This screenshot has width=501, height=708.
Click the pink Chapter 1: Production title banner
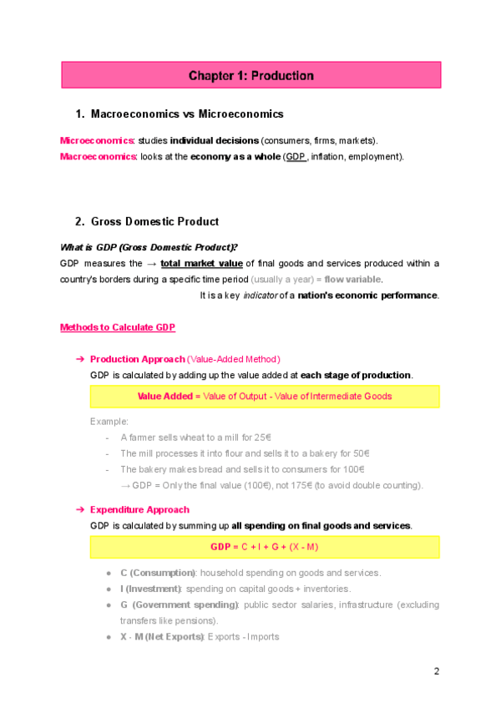250,76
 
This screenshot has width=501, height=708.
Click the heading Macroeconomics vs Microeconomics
186,114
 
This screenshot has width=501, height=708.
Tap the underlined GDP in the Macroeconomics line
295,156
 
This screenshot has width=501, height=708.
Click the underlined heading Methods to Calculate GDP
117,326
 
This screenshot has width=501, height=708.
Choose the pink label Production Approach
137,359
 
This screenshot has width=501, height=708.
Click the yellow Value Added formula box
265,397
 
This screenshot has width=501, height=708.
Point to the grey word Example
109,421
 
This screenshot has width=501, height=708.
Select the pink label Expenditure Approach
139,509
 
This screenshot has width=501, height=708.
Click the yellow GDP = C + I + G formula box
265,547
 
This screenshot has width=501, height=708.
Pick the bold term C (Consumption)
158,573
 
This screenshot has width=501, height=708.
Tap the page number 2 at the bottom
436,671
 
